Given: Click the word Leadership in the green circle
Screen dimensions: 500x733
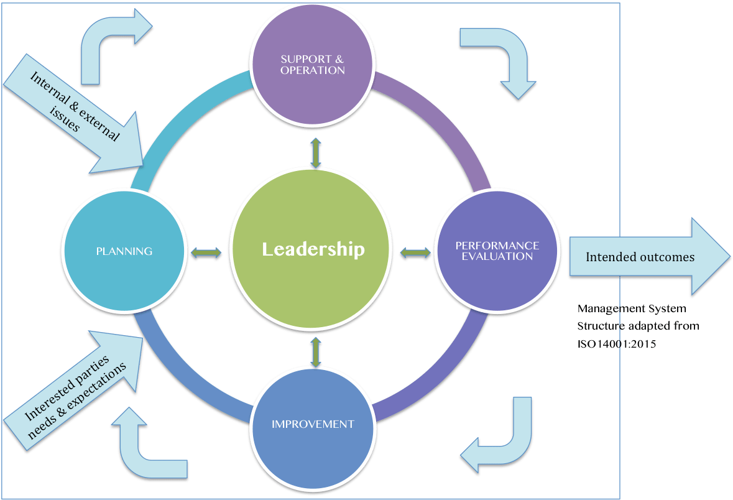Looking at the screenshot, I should click(x=313, y=249).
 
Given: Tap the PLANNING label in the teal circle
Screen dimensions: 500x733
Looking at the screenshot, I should click(x=124, y=251).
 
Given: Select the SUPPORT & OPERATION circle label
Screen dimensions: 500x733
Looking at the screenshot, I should click(x=312, y=65).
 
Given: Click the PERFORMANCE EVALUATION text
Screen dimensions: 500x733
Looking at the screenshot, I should click(x=497, y=251).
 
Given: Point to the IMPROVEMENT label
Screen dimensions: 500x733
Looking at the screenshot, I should click(x=313, y=424).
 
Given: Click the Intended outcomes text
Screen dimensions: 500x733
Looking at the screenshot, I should click(x=640, y=256).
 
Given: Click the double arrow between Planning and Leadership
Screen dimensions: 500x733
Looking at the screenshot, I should click(x=206, y=252).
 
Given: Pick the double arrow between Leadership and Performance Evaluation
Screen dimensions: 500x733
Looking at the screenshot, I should click(x=415, y=252).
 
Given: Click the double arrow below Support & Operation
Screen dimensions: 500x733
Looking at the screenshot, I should click(x=316, y=153).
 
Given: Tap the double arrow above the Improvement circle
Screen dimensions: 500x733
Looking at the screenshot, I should click(x=316, y=351).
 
